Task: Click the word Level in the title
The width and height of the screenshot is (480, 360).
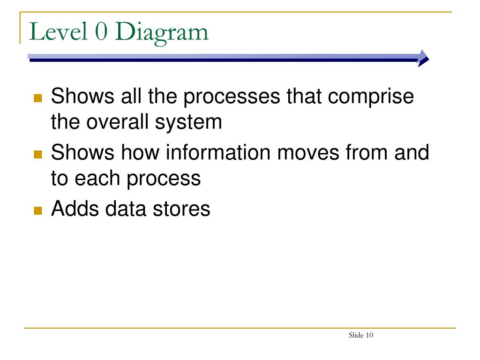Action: (x=58, y=31)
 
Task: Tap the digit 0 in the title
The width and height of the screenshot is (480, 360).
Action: (x=101, y=31)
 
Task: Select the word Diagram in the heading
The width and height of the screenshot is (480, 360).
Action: (x=162, y=33)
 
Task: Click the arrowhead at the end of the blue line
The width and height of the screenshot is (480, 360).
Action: (x=423, y=58)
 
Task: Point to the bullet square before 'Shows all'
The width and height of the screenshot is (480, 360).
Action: (x=37, y=98)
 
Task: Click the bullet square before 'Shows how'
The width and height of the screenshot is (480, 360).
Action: (x=37, y=154)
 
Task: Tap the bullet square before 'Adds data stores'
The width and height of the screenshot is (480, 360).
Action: (x=37, y=210)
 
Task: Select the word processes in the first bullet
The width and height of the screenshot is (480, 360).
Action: (x=232, y=98)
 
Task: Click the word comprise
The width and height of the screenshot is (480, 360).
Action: (x=371, y=98)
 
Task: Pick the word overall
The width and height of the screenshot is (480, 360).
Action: (x=118, y=122)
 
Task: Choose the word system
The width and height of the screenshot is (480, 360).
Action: (x=188, y=124)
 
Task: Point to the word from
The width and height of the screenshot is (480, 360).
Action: (x=367, y=152)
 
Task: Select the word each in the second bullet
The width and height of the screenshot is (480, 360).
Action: (x=97, y=178)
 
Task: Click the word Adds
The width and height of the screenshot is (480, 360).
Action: (x=75, y=209)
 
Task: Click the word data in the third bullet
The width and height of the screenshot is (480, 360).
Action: (x=126, y=209)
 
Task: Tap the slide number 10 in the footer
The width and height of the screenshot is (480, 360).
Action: (x=369, y=335)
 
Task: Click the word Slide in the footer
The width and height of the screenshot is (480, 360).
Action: (x=356, y=335)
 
